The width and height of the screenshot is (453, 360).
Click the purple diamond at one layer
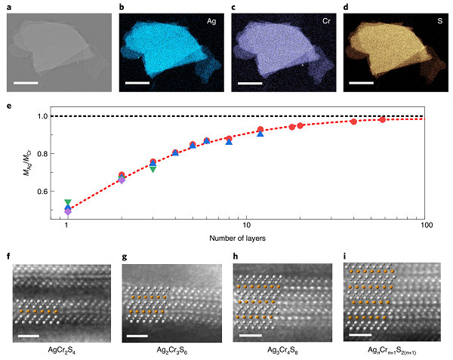tap(68, 212)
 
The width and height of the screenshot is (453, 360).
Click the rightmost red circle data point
tap(383, 120)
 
